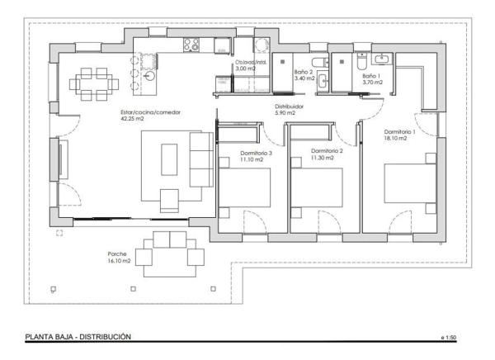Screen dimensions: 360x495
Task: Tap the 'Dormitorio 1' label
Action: (400, 132)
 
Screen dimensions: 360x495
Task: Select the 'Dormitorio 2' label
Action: (327, 151)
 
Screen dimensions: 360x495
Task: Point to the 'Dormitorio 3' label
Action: (256, 153)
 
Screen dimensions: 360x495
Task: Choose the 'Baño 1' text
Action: (372, 73)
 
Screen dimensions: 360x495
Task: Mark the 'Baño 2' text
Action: (303, 73)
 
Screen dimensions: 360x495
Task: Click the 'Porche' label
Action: (117, 253)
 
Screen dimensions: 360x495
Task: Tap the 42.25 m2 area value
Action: (133, 120)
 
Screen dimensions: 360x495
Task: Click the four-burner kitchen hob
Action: (192, 45)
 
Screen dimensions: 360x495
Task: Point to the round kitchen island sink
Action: (150, 74)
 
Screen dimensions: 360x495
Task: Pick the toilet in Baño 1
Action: (361, 59)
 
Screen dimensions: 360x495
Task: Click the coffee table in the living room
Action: (169, 156)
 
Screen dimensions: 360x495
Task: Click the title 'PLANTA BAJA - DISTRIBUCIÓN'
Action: (78, 337)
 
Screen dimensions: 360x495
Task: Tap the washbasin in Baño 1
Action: (384, 59)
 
